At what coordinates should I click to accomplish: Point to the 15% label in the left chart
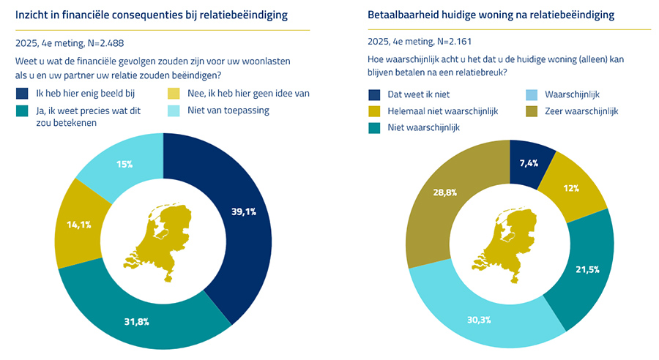pos(124,165)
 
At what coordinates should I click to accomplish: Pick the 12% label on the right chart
pos(571,188)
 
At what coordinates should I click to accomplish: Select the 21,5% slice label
pos(587,269)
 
